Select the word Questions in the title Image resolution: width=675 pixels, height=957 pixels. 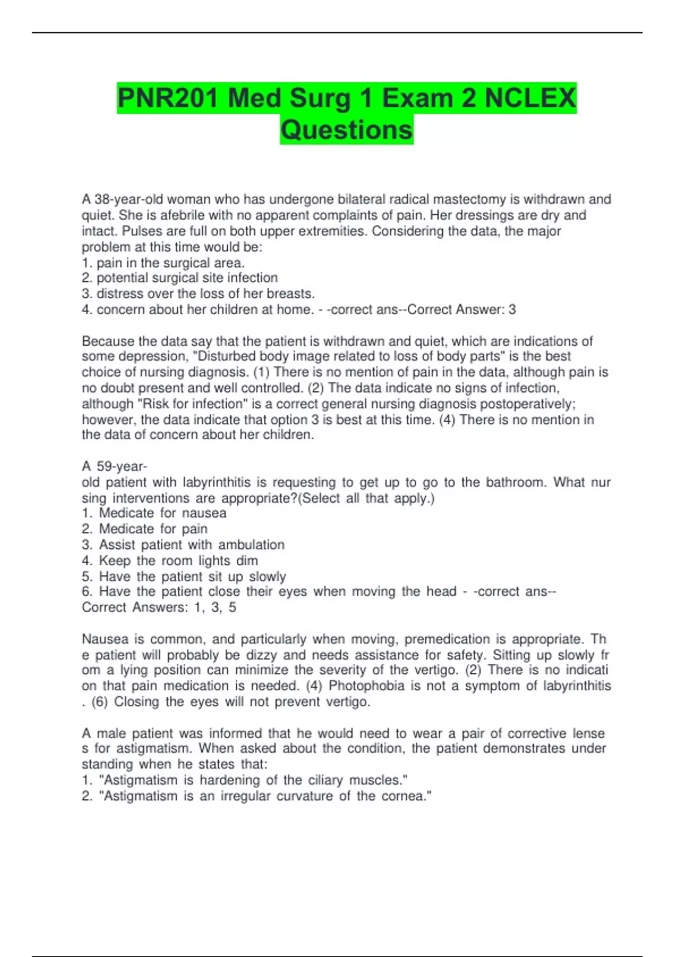tap(346, 130)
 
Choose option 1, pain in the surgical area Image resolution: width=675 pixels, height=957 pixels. tap(163, 263)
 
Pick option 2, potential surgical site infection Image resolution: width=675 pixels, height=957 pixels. tap(180, 278)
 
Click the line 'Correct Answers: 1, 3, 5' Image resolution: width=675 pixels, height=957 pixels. tap(159, 607)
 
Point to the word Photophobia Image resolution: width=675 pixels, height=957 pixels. tap(366, 686)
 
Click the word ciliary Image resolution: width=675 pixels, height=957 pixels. tap(325, 780)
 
